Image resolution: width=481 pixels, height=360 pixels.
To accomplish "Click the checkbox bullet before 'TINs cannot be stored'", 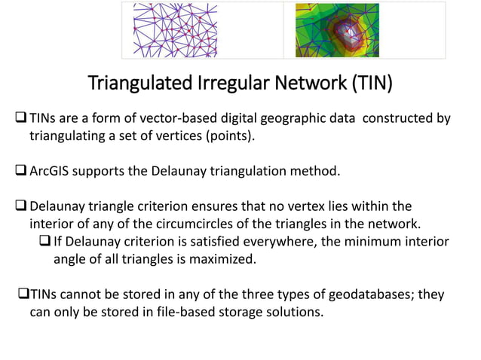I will click(22, 294).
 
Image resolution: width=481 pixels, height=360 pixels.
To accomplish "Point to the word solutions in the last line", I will click(296, 312).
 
